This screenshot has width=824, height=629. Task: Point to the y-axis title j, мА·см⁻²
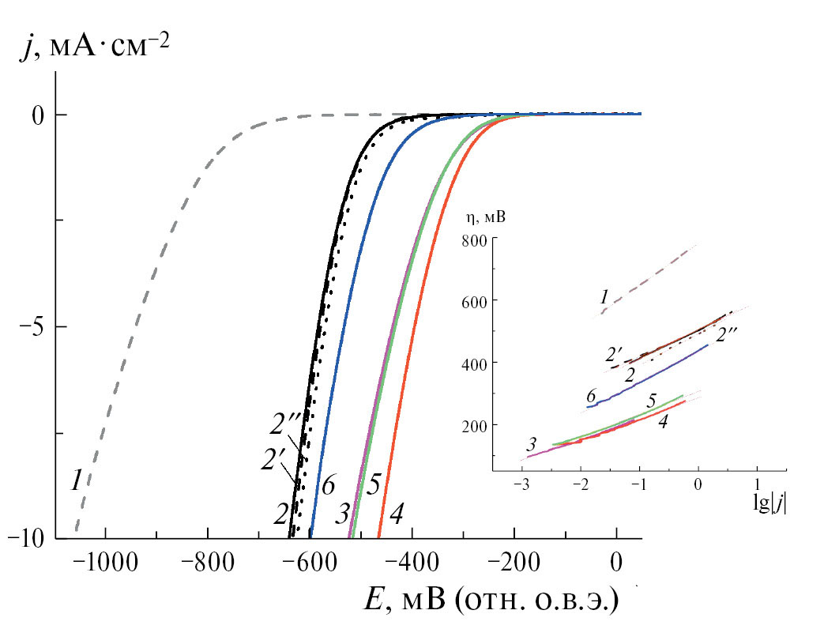[x=95, y=49]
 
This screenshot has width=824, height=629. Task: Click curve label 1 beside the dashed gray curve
[x=76, y=480]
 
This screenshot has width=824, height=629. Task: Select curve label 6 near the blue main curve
[x=329, y=483]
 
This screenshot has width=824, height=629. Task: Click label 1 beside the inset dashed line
[x=604, y=297]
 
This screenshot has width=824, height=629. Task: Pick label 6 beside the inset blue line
[x=591, y=395]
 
